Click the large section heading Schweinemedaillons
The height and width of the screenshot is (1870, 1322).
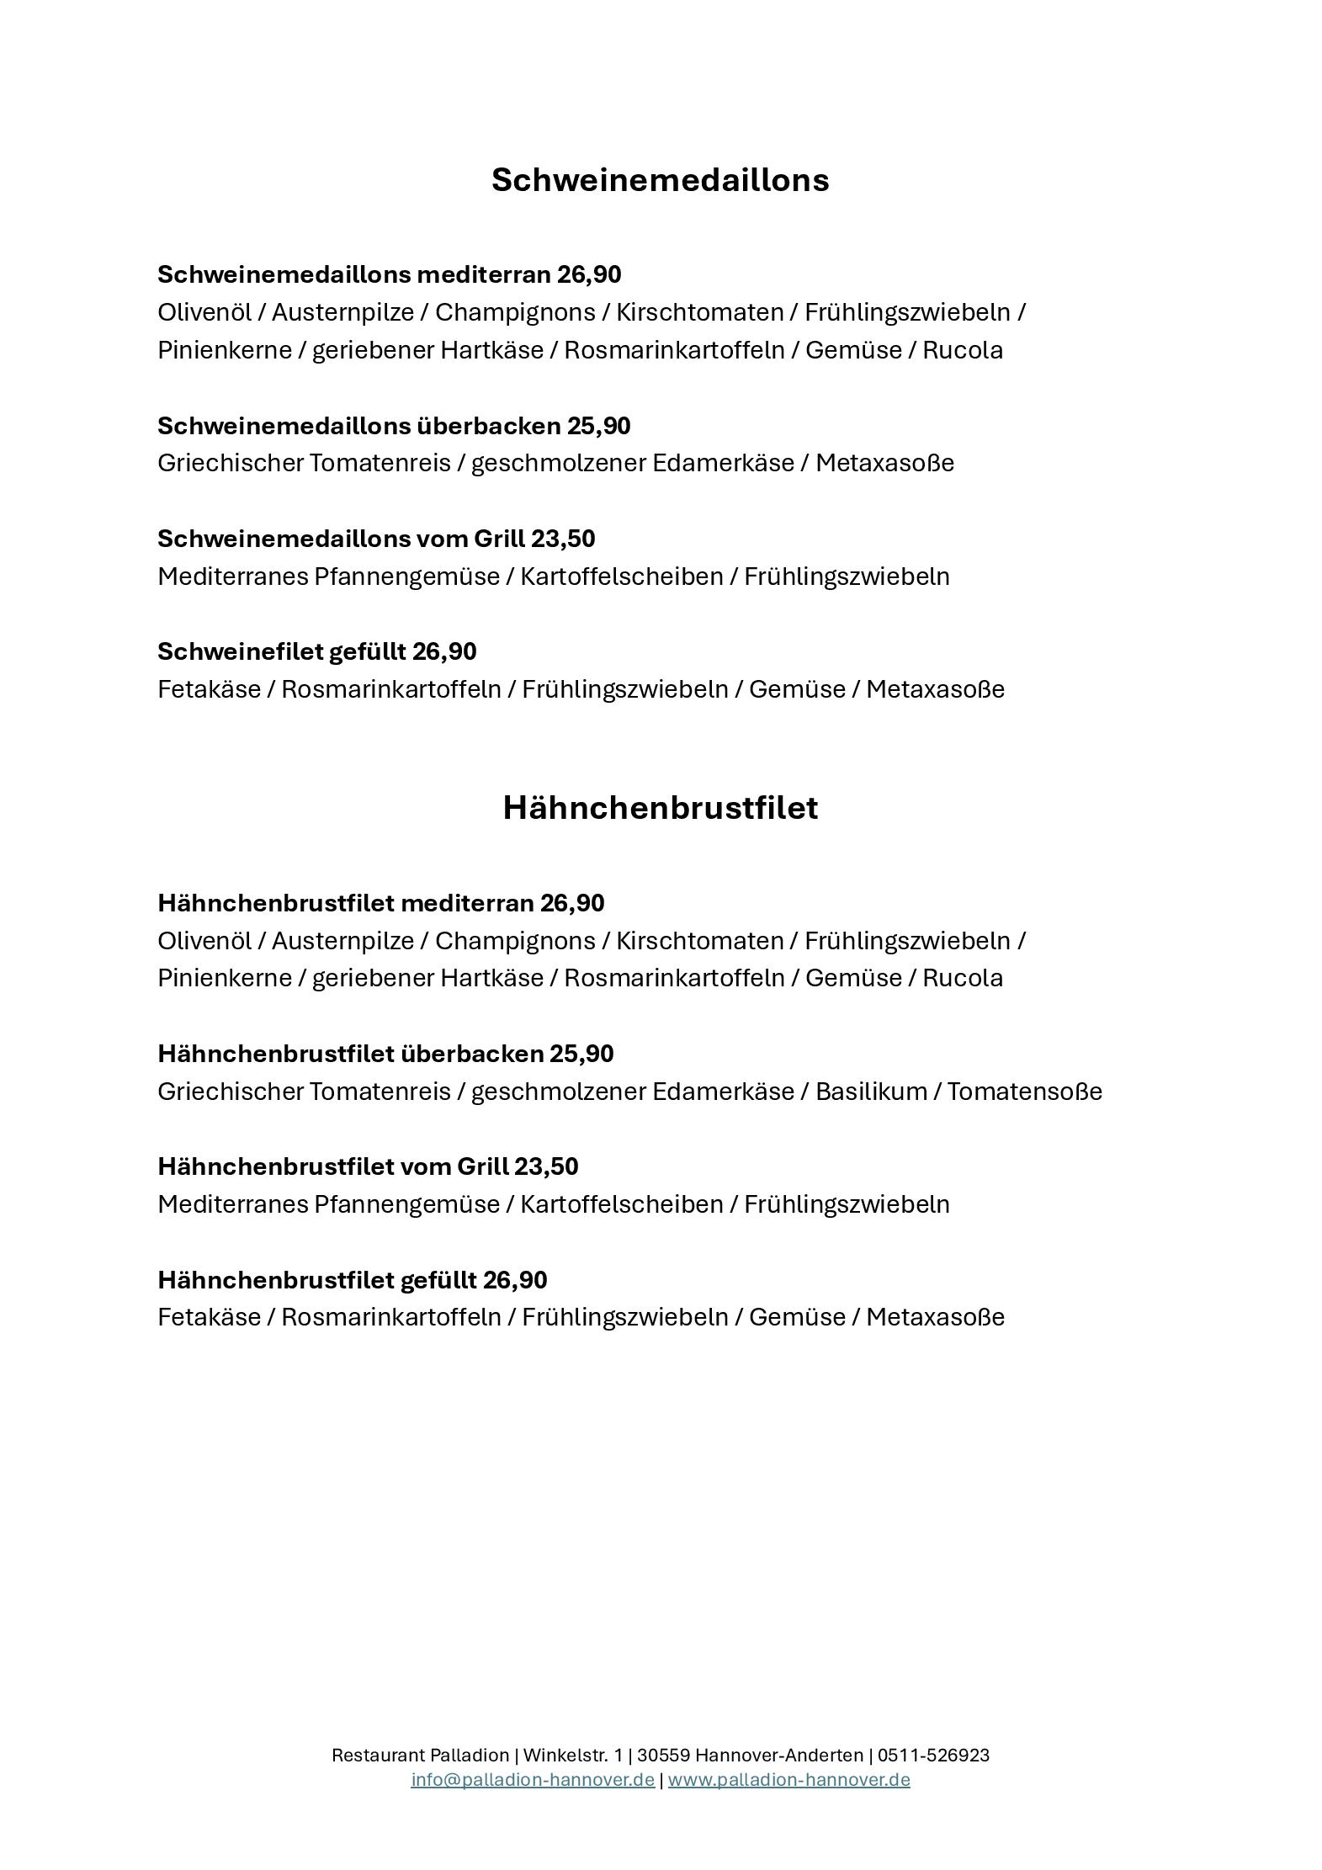[x=660, y=180]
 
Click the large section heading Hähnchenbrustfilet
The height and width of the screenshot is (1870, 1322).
[x=660, y=808]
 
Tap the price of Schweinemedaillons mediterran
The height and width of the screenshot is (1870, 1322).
[x=589, y=274]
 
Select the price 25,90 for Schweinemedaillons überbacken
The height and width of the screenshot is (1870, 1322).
[x=598, y=426]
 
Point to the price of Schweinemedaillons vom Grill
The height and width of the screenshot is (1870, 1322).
[x=563, y=539]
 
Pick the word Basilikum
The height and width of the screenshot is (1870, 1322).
[x=871, y=1092]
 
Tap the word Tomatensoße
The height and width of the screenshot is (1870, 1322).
[x=1024, y=1092]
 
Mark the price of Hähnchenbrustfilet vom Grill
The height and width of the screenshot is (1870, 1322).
[x=546, y=1166]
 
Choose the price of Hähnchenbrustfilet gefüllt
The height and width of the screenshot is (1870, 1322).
[x=515, y=1280]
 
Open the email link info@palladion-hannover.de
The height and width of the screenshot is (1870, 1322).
[x=533, y=1779]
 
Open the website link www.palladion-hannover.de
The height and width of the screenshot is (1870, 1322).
[x=788, y=1779]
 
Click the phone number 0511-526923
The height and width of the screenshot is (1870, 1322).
[x=933, y=1755]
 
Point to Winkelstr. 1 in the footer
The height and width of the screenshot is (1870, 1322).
[x=572, y=1755]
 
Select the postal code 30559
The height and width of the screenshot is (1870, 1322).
[x=663, y=1755]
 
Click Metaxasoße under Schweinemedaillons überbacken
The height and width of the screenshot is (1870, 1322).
[x=884, y=463]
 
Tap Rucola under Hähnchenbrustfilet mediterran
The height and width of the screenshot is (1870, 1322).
[x=963, y=978]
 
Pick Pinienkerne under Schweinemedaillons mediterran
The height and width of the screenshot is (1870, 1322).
[x=224, y=350]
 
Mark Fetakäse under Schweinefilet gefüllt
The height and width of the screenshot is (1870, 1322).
[x=209, y=689]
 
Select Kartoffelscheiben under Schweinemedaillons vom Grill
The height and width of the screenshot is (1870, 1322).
[x=621, y=576]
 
